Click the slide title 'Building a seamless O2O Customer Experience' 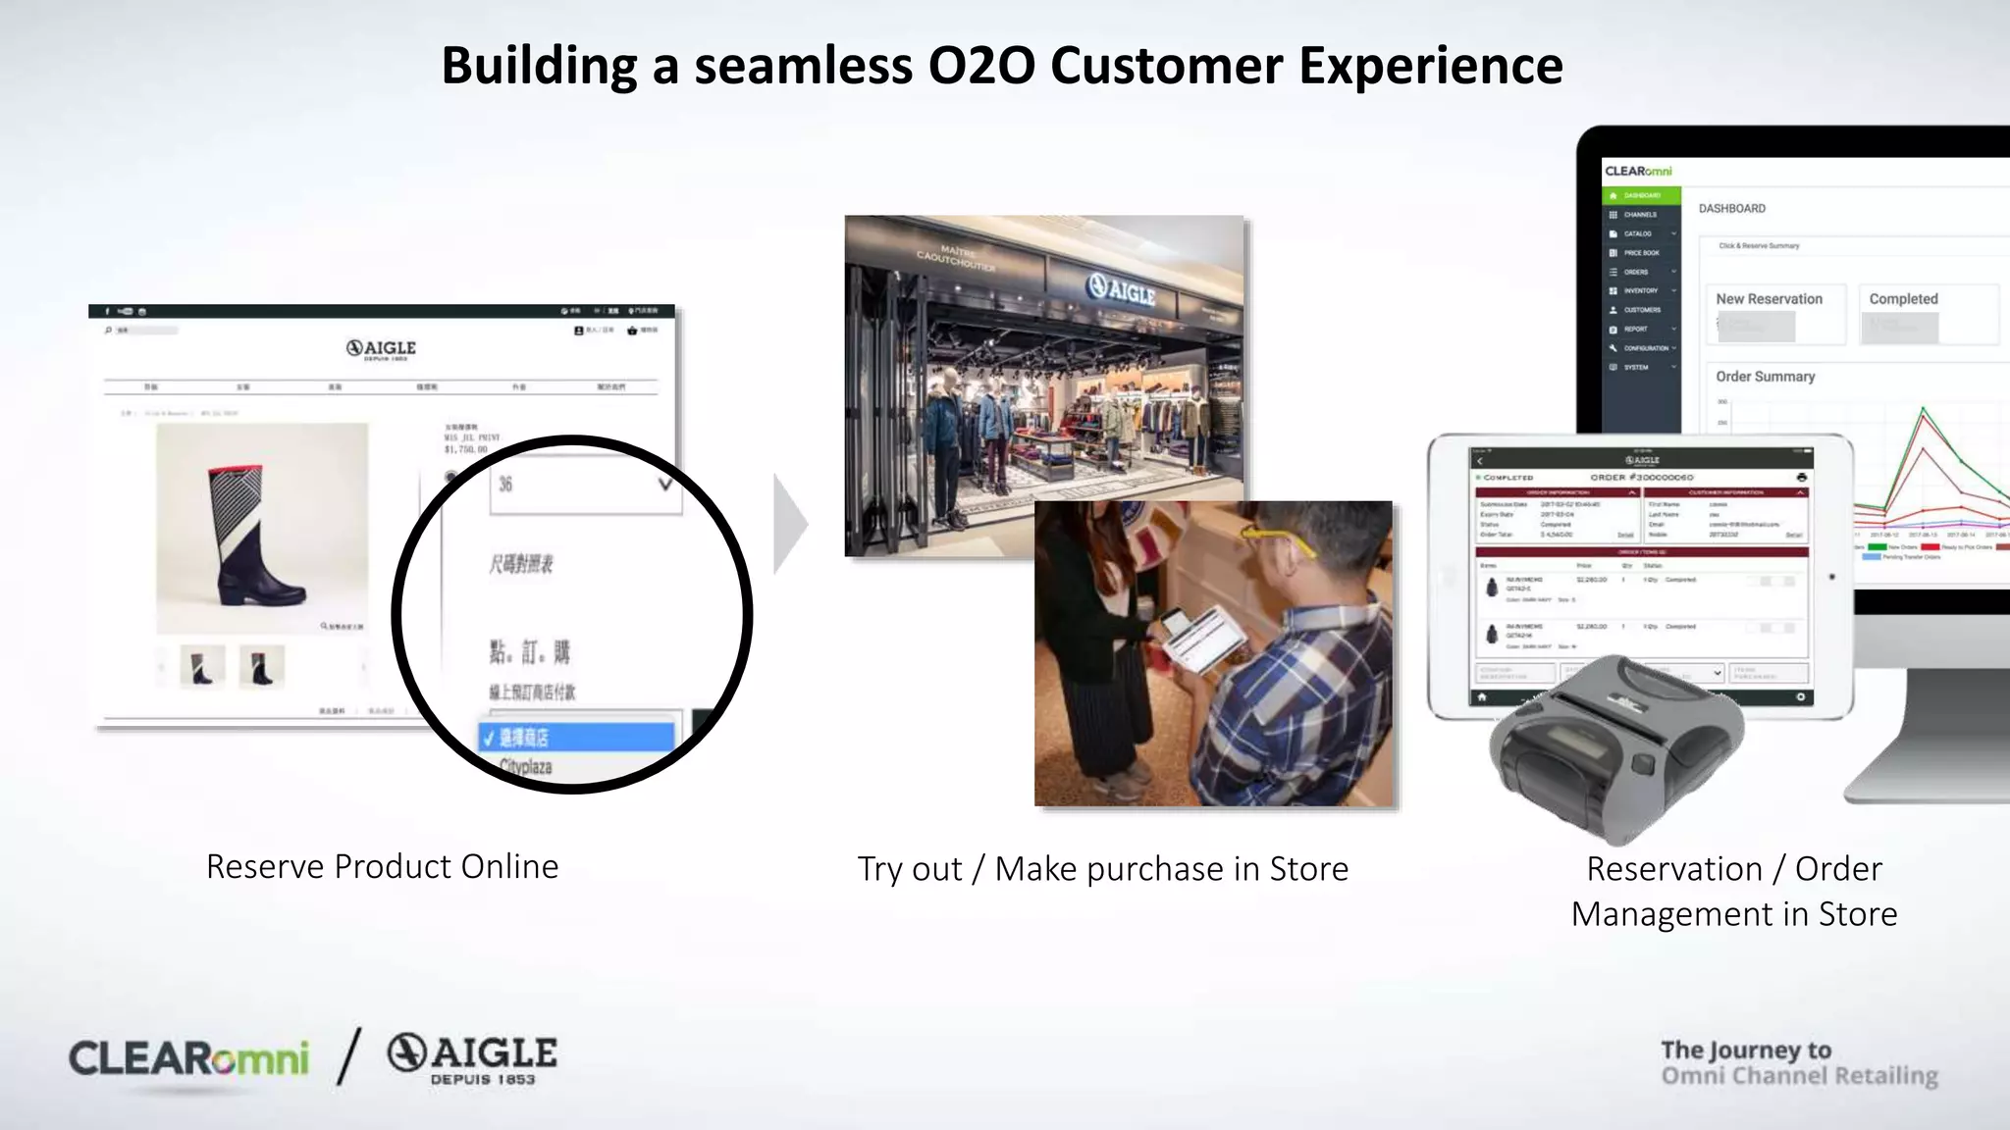pos(1001,66)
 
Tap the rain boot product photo pos(261,530)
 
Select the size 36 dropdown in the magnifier pos(585,485)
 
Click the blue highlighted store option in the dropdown pos(576,737)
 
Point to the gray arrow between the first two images pos(790,524)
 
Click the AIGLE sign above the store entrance pos(1121,288)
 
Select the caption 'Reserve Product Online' pos(382,866)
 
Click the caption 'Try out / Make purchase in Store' pos(1102,869)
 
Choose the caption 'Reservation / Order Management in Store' pos(1733,891)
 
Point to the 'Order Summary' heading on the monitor pos(1765,377)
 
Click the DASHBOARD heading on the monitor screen pos(1731,209)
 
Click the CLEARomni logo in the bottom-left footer pos(188,1059)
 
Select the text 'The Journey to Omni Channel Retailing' pos(1798,1063)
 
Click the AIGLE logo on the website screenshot pos(381,349)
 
